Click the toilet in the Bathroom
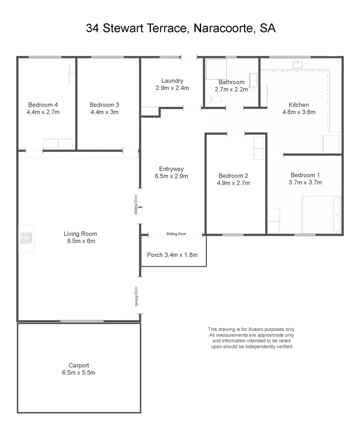pyautogui.click(x=213, y=99)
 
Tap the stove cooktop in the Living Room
pyautogui.click(x=26, y=238)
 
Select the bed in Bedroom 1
pyautogui.click(x=321, y=215)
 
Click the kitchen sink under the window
pyautogui.click(x=297, y=64)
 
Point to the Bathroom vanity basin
pyautogui.click(x=254, y=82)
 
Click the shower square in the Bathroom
pyautogui.click(x=216, y=69)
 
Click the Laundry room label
pyautogui.click(x=172, y=81)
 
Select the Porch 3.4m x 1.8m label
pyautogui.click(x=172, y=255)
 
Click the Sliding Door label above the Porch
pyautogui.click(x=176, y=234)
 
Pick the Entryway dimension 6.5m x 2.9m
pyautogui.click(x=171, y=176)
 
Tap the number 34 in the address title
pyautogui.click(x=92, y=28)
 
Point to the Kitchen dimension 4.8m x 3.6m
pyautogui.click(x=298, y=112)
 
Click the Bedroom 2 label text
pyautogui.click(x=233, y=176)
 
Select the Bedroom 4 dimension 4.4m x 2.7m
pyautogui.click(x=43, y=112)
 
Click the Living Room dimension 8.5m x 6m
pyautogui.click(x=81, y=241)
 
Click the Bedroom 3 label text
pyautogui.click(x=104, y=105)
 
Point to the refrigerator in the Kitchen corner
pyautogui.click(x=330, y=144)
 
